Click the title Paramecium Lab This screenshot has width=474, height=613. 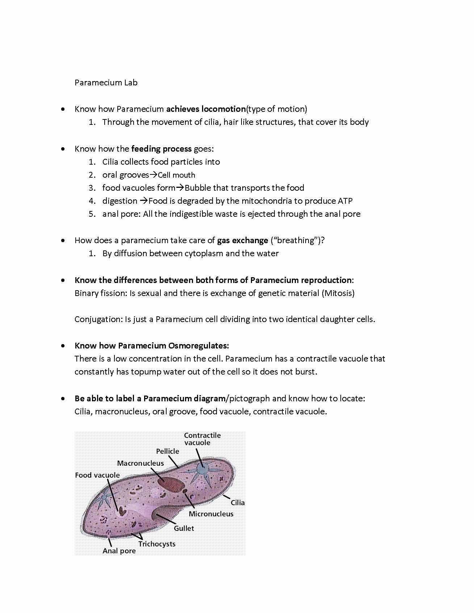click(x=106, y=83)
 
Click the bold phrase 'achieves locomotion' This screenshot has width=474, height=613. click(x=206, y=109)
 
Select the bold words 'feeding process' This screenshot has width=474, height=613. click(x=161, y=149)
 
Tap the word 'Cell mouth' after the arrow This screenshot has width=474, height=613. click(x=176, y=175)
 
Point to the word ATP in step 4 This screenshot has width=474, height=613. click(x=345, y=201)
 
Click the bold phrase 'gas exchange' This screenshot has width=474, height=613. click(x=242, y=240)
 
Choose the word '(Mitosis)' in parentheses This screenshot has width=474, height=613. click(x=338, y=293)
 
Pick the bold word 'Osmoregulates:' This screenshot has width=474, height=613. click(x=198, y=346)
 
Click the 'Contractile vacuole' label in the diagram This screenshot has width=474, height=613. click(x=202, y=439)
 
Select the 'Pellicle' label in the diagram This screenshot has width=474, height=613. click(x=167, y=451)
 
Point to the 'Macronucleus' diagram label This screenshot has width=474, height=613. click(x=140, y=463)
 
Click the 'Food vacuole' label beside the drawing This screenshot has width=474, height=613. click(x=97, y=475)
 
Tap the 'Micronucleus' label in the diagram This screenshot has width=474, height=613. click(x=211, y=514)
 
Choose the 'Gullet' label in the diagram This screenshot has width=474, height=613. click(x=184, y=528)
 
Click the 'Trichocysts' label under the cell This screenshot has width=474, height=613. click(x=156, y=544)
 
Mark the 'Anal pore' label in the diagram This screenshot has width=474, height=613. click(x=119, y=551)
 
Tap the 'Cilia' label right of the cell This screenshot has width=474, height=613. click(x=238, y=503)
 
